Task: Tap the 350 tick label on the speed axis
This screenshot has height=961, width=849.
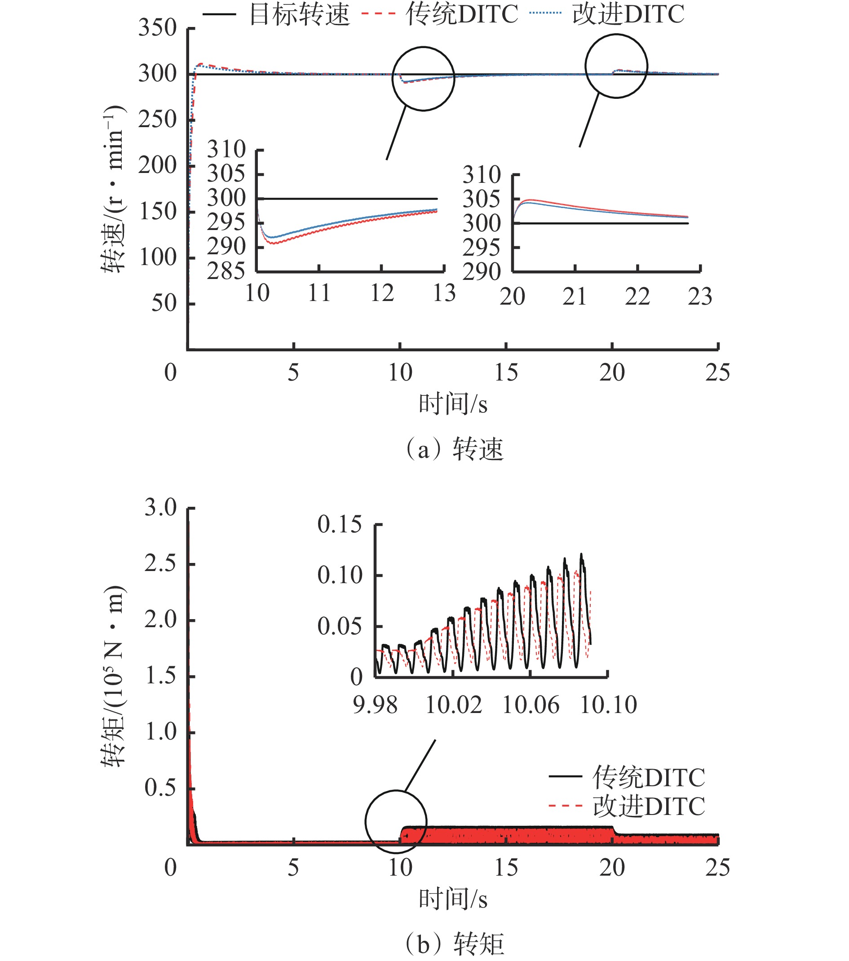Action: [157, 28]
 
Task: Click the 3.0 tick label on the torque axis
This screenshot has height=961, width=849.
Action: [160, 508]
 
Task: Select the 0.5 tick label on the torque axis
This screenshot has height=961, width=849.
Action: [160, 788]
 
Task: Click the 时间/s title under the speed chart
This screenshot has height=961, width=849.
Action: [453, 404]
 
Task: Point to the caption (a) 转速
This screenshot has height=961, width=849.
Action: [454, 448]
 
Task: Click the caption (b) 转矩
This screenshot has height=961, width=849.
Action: [454, 943]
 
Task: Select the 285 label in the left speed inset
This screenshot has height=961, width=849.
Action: [226, 271]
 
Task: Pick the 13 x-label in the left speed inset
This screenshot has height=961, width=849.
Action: [444, 293]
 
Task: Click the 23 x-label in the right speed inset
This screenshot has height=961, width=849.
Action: [700, 297]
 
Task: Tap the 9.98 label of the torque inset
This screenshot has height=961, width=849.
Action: [375, 705]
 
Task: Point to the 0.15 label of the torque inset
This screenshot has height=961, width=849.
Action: [340, 524]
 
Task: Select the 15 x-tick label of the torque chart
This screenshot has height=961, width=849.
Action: [506, 868]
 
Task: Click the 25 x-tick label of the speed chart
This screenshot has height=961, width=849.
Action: [717, 373]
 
